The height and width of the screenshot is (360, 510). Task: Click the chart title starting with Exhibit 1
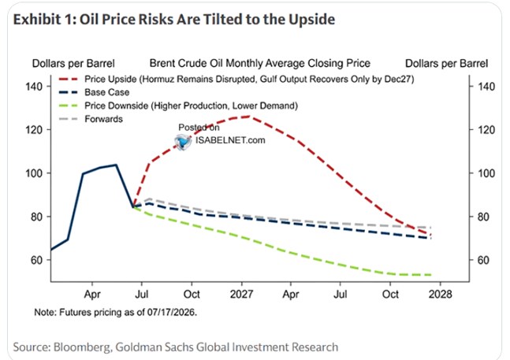174,20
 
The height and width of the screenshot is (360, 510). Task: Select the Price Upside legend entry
236,79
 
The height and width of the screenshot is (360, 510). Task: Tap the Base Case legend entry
94,92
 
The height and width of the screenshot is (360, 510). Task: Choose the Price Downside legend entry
178,106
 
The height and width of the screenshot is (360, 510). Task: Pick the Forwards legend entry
91,119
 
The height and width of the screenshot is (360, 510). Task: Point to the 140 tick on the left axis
34,87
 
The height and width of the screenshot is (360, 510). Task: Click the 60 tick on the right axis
483,260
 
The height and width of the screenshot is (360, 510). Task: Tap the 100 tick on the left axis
34,173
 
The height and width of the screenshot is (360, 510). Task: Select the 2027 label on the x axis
241,294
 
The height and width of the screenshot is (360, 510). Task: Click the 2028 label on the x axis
440,294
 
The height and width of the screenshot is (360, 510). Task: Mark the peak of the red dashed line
250,117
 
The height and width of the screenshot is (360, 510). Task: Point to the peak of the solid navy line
116,165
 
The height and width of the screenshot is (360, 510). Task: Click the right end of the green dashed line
431,275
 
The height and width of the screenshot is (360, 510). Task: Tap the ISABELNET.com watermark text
230,140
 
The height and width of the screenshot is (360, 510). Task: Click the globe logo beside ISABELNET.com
183,142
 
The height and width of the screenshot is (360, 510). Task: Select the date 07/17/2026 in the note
171,313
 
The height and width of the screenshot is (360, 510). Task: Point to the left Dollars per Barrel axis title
73,63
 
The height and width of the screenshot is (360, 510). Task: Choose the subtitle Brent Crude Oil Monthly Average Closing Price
260,63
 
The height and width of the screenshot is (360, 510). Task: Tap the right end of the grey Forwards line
431,228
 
